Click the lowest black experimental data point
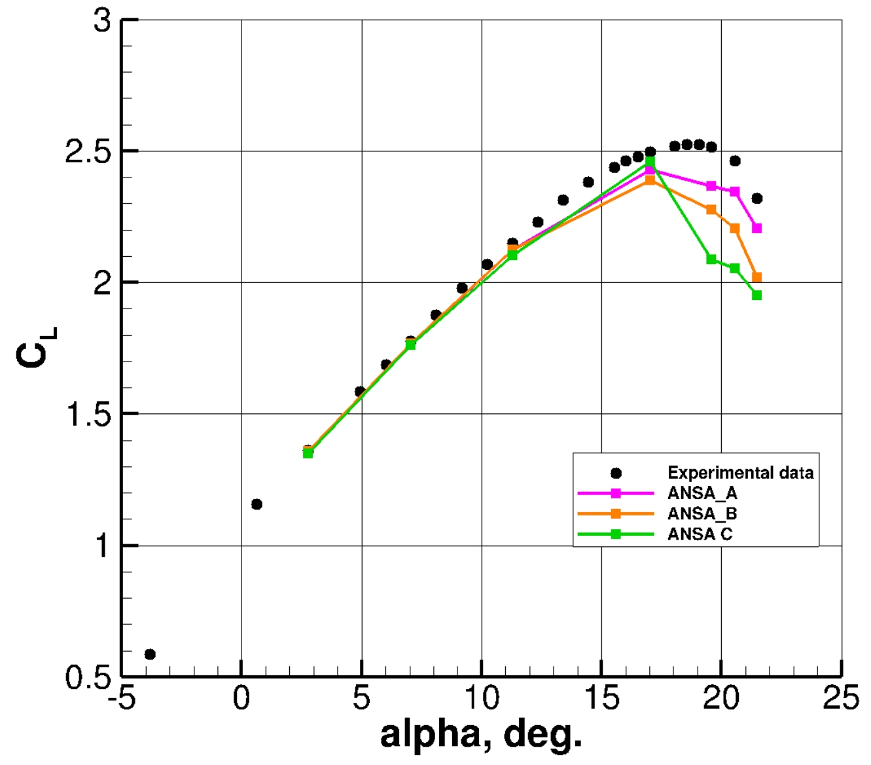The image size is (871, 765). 150,654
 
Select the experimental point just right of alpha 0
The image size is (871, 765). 257,504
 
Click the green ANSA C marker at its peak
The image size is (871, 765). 650,162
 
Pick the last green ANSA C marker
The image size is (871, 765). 757,295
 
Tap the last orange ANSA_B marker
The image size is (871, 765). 757,278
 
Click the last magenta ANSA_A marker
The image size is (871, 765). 757,229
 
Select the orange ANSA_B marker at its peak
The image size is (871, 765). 650,180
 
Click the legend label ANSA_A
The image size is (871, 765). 702,493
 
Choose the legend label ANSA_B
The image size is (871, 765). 702,514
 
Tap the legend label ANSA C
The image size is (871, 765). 700,534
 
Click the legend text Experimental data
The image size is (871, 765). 740,473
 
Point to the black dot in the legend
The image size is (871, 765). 616,473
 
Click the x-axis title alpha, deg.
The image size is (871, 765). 481,736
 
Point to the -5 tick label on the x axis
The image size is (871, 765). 122,699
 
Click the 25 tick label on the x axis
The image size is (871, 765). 841,699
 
